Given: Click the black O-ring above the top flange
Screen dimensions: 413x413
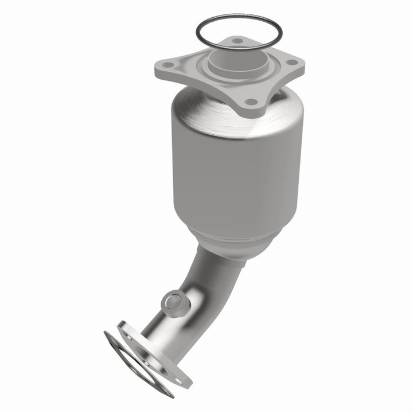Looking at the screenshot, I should (x=198, y=34).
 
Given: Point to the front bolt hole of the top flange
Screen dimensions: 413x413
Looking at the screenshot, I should (x=250, y=102).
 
